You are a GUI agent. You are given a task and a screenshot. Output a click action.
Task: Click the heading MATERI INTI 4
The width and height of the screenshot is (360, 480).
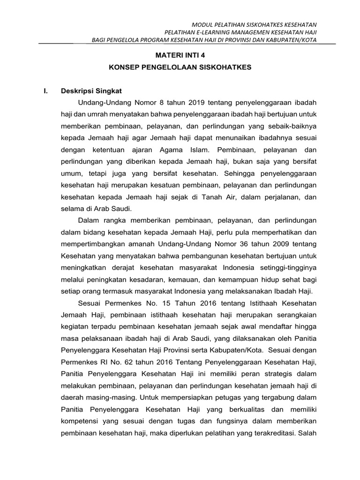point(180,54)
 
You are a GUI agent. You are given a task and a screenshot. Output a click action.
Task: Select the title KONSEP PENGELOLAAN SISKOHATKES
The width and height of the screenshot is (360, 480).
point(180,67)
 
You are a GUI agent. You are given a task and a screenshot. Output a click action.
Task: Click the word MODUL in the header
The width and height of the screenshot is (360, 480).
point(203,24)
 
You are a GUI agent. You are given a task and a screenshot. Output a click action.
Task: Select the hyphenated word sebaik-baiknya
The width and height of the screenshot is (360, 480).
point(291,126)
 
